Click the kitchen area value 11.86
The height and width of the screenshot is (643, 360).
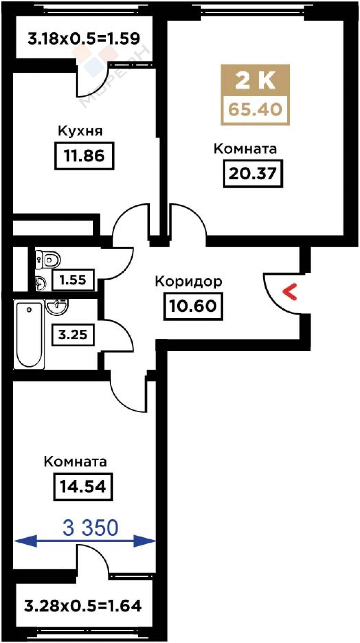(x=84, y=156)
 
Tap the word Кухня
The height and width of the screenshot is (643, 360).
(x=80, y=131)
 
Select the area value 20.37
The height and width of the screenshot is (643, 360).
(x=253, y=173)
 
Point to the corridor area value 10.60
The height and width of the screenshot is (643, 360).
(x=193, y=306)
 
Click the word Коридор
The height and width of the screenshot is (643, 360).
(x=189, y=282)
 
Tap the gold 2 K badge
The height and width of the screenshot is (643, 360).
(x=255, y=80)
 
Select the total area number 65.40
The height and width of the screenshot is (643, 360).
(x=255, y=109)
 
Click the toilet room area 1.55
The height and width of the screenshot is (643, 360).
(x=73, y=280)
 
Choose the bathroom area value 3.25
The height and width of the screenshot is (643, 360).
(x=73, y=335)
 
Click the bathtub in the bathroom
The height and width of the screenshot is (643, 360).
(x=29, y=335)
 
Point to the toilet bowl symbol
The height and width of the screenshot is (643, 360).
(x=52, y=259)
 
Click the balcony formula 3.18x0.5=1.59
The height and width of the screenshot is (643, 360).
(x=84, y=39)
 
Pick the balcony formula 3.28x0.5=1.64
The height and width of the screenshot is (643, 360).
(x=83, y=605)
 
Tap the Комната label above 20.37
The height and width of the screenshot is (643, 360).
(x=245, y=149)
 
